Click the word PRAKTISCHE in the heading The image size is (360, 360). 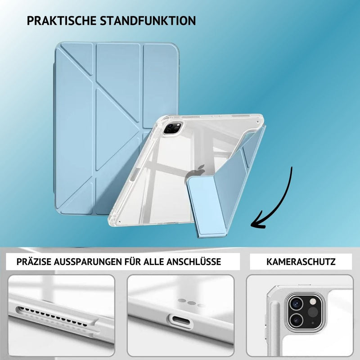point(61,21)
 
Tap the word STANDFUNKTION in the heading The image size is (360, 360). point(148,21)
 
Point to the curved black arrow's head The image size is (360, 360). point(258,222)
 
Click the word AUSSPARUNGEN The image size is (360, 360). point(88,262)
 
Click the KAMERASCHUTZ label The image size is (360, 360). point(301,262)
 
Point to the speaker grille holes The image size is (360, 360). point(52,316)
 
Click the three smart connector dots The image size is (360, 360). point(191,302)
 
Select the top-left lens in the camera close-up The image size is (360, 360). point(296,303)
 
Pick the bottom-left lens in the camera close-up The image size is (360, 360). point(296,319)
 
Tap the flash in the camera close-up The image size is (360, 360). point(313,301)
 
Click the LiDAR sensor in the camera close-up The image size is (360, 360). point(313,312)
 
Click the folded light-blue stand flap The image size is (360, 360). point(207,207)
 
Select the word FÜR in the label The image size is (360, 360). point(133,261)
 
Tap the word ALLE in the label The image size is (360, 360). point(153,262)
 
